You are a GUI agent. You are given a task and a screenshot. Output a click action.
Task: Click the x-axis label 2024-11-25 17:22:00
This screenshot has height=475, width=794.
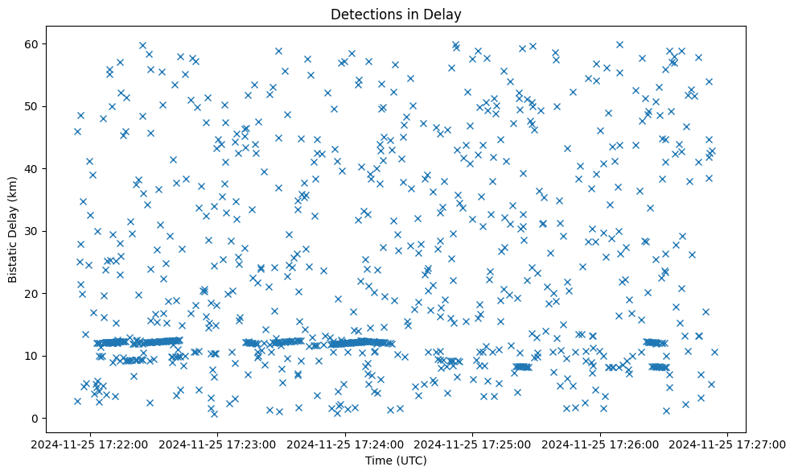[91, 444]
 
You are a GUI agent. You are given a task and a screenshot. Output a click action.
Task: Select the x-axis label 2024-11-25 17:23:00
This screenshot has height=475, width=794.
[218, 444]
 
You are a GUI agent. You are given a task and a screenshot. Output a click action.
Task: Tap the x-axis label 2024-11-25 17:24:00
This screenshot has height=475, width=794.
[346, 444]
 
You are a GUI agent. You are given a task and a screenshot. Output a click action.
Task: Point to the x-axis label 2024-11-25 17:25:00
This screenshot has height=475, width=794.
[473, 444]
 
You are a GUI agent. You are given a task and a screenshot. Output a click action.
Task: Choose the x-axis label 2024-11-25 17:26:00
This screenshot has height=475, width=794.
[600, 444]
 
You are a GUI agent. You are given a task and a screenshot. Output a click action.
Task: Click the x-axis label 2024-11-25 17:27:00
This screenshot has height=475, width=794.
[728, 444]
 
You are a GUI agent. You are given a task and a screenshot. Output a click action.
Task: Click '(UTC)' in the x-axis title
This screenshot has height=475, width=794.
[413, 461]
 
